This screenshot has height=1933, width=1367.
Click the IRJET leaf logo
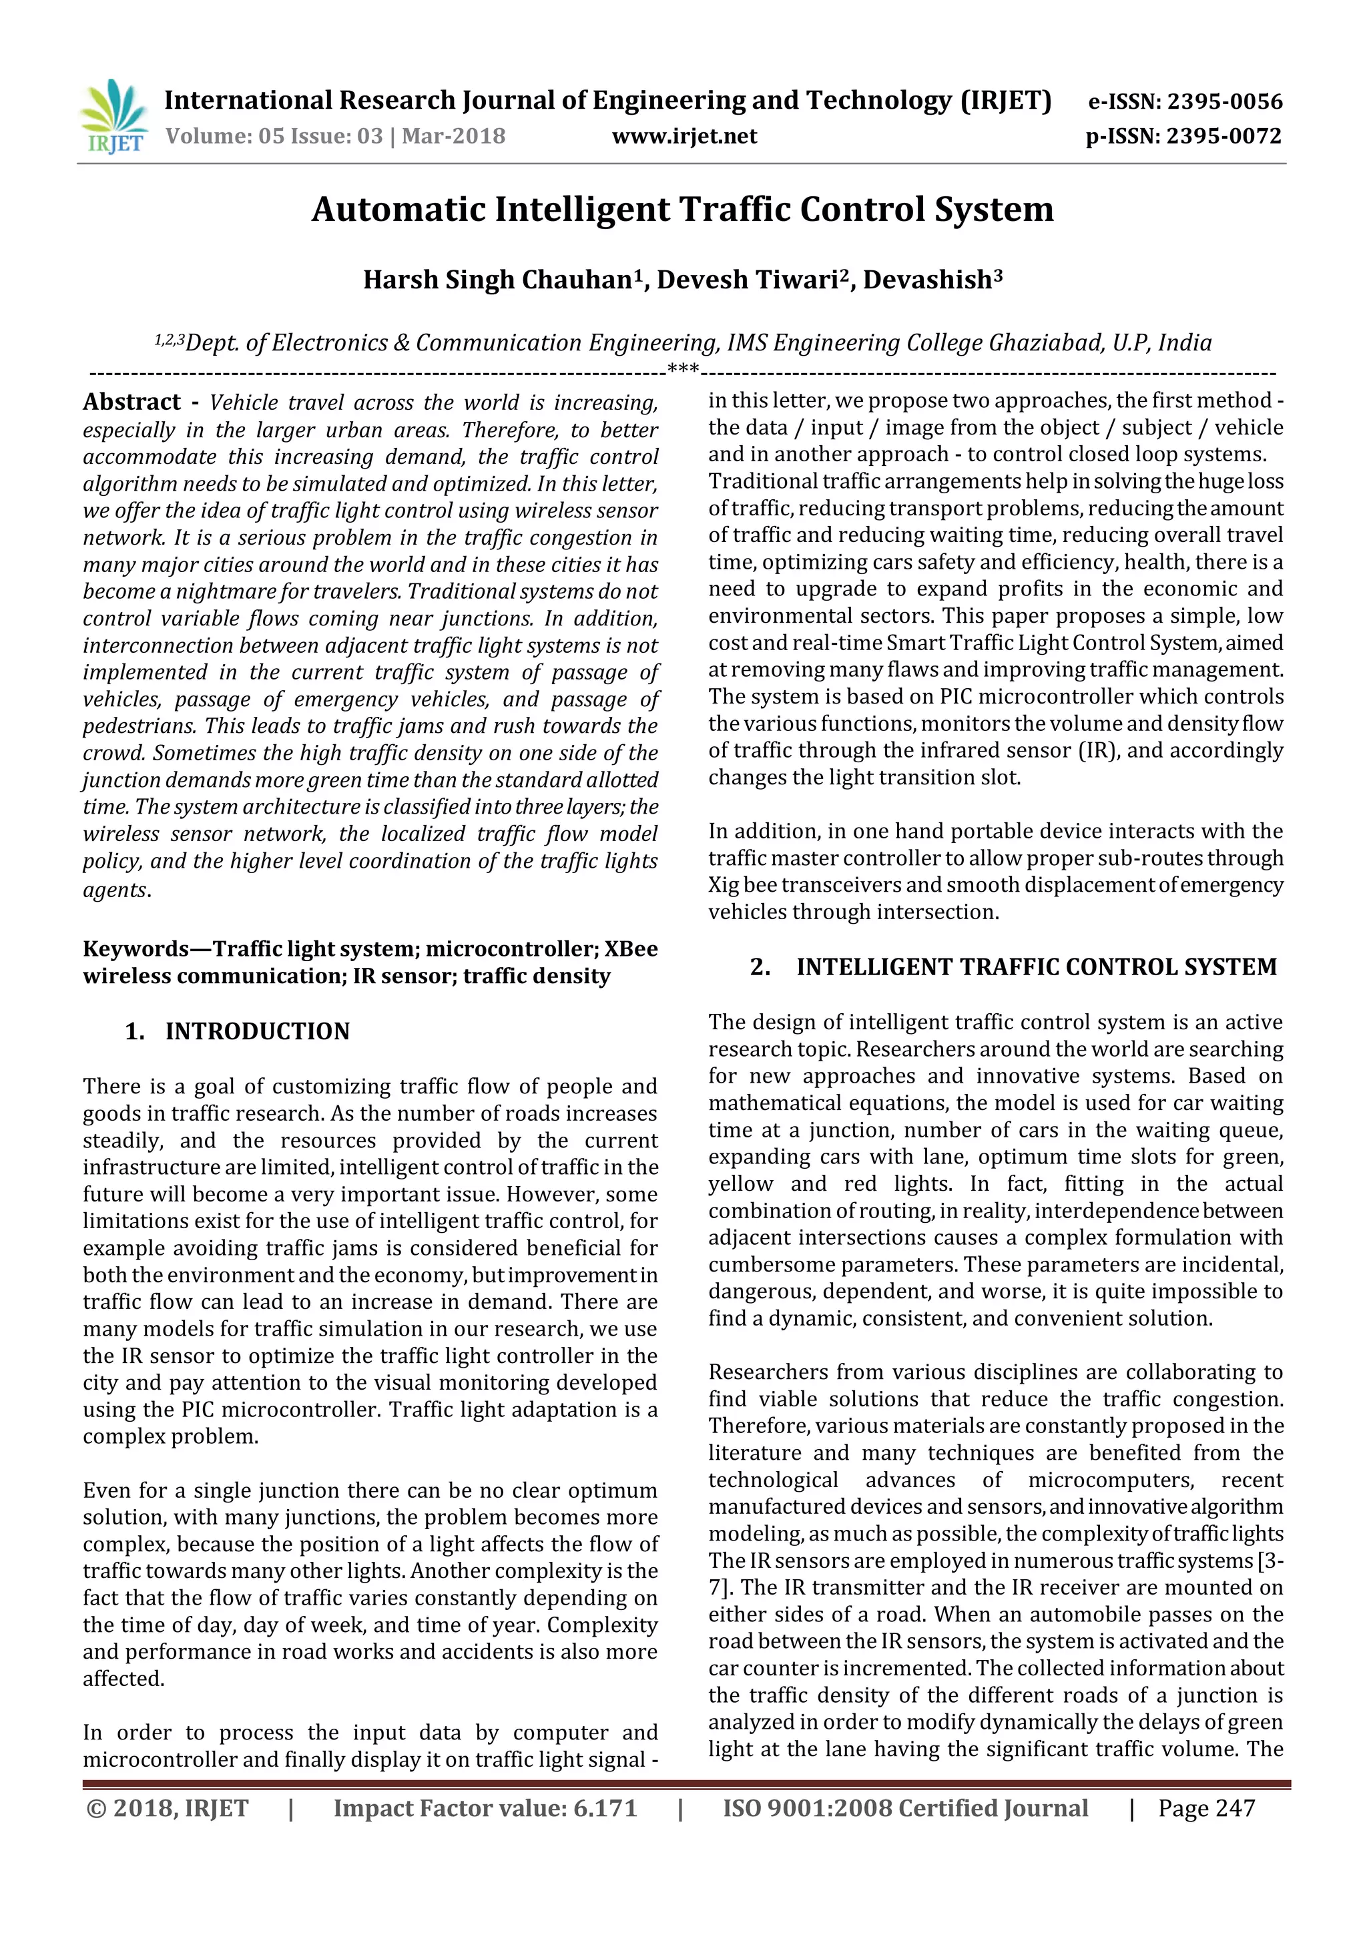click(x=113, y=116)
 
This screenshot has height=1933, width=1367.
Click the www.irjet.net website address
click(x=683, y=136)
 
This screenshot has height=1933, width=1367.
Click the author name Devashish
click(x=926, y=280)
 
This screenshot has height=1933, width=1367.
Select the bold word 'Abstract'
click(x=132, y=402)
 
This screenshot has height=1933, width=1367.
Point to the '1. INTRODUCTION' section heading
click(x=238, y=1031)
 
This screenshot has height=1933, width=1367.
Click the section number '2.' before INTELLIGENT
click(x=760, y=967)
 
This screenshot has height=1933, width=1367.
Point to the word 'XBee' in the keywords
click(x=631, y=949)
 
